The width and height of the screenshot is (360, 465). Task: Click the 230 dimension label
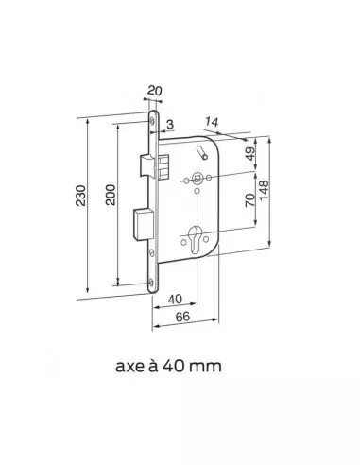(x=80, y=196)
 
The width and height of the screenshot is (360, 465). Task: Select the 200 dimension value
(x=111, y=195)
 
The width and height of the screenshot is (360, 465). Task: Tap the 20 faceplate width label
(x=155, y=91)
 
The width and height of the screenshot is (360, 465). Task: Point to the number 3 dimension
(x=170, y=125)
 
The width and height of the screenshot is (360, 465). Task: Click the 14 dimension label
(x=212, y=122)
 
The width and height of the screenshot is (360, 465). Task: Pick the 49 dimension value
(x=250, y=154)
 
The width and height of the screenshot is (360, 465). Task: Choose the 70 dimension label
(x=250, y=200)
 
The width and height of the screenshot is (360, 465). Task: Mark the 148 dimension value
(x=264, y=190)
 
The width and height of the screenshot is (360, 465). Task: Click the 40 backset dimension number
(x=175, y=299)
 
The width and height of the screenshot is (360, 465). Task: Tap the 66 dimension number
(x=182, y=317)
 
